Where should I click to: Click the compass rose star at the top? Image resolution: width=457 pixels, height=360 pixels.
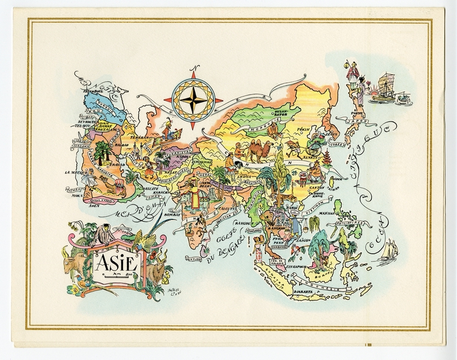tap(198, 100)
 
